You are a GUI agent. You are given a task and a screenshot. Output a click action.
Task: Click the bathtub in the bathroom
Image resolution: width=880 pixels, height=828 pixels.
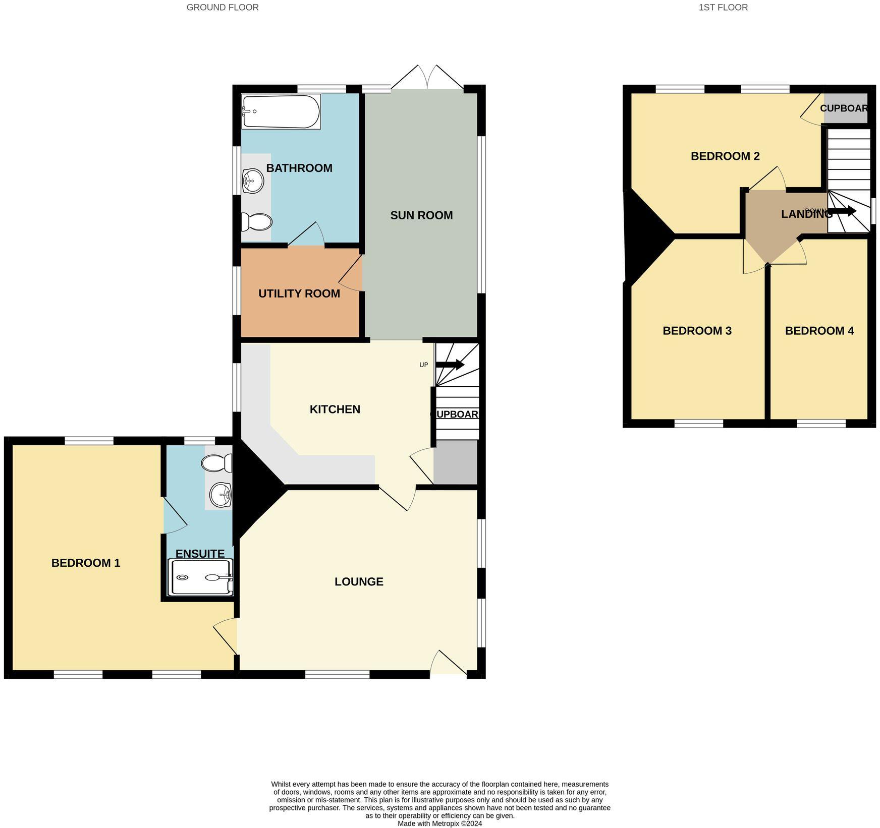281,111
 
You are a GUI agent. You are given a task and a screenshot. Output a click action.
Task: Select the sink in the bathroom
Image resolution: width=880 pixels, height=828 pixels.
253,180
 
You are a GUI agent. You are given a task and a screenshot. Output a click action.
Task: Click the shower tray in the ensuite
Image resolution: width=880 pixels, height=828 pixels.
201,577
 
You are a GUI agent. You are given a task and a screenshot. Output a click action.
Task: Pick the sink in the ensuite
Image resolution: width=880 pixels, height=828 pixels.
220,494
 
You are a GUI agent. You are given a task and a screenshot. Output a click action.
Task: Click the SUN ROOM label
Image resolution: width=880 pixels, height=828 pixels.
421,215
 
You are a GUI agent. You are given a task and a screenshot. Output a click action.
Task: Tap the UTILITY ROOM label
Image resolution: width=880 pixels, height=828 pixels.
299,293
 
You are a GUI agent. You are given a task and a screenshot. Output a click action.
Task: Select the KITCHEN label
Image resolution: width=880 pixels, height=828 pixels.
335,409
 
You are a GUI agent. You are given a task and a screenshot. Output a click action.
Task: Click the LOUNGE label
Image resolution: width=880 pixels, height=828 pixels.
359,581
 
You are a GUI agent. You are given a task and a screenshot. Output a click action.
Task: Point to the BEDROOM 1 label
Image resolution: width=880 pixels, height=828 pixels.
86,563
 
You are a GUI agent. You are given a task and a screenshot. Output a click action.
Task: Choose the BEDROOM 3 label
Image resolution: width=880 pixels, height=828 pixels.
697,331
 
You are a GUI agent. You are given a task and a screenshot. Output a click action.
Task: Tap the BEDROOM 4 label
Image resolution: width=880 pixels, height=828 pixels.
819,331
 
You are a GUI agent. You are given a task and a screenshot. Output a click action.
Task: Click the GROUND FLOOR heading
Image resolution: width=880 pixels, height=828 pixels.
223,7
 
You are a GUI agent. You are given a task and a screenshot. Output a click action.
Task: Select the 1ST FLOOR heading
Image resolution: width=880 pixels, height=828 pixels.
723,7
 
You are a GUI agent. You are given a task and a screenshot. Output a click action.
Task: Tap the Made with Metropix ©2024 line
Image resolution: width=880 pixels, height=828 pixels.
439,823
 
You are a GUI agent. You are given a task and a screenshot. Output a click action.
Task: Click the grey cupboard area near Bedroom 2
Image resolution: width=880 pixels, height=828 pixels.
845,109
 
